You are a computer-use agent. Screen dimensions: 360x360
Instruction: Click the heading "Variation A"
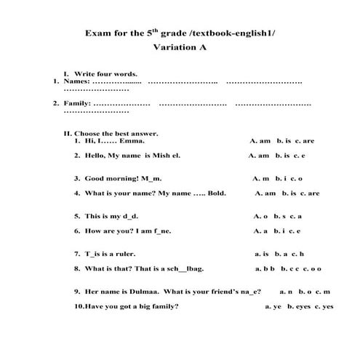180,47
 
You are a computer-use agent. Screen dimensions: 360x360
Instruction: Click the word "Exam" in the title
98,33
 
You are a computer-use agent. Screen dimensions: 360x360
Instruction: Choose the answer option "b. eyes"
299,307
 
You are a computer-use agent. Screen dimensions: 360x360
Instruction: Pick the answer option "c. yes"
324,307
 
